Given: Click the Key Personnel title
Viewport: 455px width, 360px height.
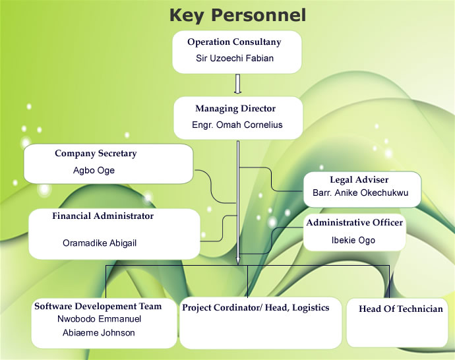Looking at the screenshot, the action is pos(237,15).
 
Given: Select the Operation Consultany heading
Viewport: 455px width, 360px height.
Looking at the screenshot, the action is pos(234,42).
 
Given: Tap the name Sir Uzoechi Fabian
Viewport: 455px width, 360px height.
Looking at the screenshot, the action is pos(235,58).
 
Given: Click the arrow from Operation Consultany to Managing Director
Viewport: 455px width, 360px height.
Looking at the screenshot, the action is pos(237,84).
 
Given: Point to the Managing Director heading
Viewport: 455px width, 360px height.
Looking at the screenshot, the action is pos(235,109).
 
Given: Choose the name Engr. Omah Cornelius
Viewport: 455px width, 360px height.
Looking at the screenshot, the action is pos(237,125).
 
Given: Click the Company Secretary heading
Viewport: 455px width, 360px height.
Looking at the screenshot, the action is pos(96,154).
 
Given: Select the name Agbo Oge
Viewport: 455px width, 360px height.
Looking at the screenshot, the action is pos(94,170).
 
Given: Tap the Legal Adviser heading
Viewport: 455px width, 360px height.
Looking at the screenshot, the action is pos(359,179).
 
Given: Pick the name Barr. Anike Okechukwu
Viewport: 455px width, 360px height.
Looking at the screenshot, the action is pos(361,193).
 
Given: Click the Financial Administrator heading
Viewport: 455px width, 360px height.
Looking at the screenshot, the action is pos(103,216).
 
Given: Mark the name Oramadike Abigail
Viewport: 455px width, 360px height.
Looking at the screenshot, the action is pos(100,243).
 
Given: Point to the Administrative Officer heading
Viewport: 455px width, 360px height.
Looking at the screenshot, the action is pos(354,222).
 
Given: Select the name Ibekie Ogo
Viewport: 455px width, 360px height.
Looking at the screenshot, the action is pos(353,240).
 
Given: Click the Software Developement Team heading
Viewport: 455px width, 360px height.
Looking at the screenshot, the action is pos(98,306).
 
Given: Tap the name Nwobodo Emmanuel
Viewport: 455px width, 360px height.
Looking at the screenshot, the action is pos(99,319).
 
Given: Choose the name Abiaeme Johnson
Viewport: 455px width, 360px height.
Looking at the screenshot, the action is pos(99,332).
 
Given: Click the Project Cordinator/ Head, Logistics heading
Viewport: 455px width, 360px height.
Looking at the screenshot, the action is pos(256,308).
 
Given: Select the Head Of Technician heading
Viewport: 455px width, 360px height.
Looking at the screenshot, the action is pos(401,309).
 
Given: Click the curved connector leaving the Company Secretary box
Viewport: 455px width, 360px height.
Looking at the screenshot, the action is pos(211,186).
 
